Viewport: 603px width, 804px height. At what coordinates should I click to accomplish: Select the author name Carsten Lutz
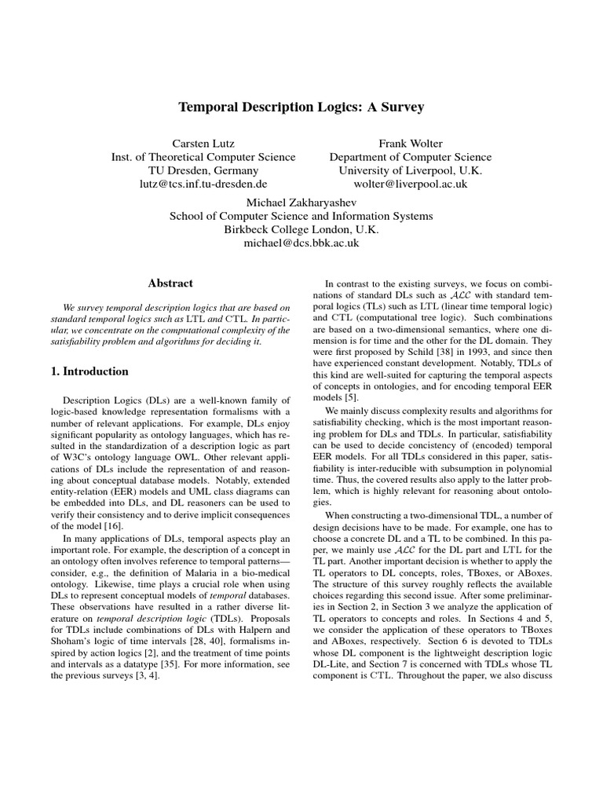[x=203, y=144]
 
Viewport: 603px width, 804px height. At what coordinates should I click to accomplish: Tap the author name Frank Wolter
[x=411, y=144]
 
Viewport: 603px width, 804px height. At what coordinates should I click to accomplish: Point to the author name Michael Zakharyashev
[x=301, y=203]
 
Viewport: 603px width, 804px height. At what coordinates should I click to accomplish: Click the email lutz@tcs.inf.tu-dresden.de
[x=203, y=184]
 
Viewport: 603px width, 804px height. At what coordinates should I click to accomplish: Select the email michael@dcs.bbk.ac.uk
[x=301, y=243]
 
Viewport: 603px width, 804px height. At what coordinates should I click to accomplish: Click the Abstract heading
[x=170, y=283]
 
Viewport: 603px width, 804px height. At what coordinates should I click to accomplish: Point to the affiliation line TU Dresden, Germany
[x=203, y=170]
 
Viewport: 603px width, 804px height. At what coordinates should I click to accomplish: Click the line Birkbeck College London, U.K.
[x=301, y=230]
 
